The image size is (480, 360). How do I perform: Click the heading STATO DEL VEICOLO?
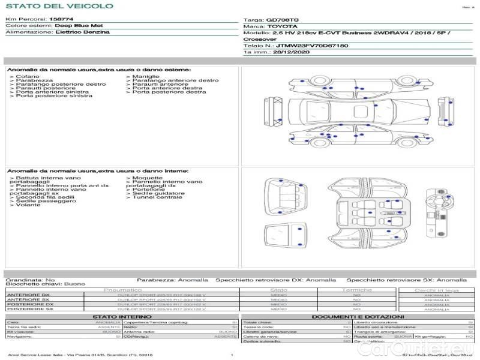59,7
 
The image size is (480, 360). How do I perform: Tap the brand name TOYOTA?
281,26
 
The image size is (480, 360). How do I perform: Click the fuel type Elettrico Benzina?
82,32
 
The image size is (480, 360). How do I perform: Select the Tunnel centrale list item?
157,197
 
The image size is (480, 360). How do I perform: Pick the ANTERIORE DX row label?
28,295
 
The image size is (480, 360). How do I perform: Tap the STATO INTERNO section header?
122,317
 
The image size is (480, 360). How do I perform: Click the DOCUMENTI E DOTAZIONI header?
358,317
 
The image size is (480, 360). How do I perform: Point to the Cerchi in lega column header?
436,290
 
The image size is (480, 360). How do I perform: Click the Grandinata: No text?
30,280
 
